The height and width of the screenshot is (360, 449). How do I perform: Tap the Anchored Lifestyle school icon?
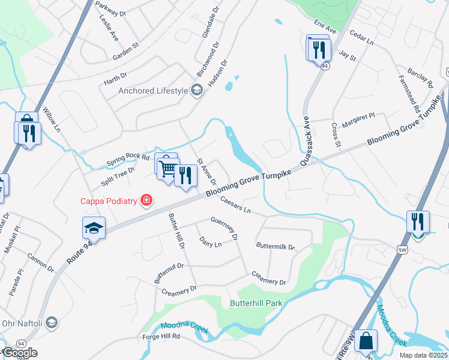196,91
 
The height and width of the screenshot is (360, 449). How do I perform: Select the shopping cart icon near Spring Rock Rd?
167,168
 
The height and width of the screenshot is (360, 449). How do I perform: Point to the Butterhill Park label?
256,303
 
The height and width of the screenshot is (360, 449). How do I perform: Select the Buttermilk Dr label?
276,247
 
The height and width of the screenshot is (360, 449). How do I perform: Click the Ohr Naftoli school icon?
52,323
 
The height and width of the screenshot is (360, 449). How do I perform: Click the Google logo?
20,353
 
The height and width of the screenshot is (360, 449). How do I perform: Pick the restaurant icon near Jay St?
319,50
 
